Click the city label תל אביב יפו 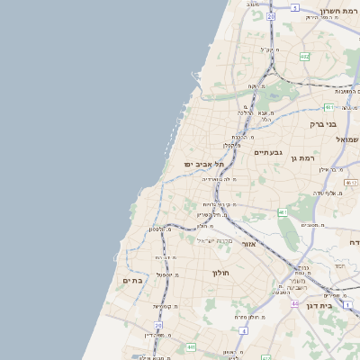(203, 164)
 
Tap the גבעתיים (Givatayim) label (268, 152)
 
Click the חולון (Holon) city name (221, 272)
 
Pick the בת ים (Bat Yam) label (132, 281)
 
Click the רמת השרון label (338, 14)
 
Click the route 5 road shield (294, 7)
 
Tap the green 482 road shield (304, 56)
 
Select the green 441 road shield (191, 346)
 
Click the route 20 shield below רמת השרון (271, 16)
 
